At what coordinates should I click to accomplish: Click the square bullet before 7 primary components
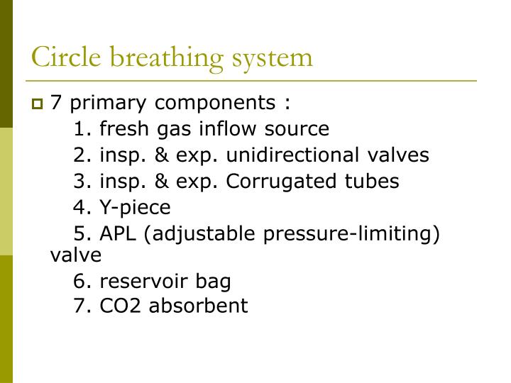click(x=38, y=104)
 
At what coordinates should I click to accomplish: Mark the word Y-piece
click(x=135, y=208)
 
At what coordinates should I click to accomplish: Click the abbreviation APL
click(x=119, y=234)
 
